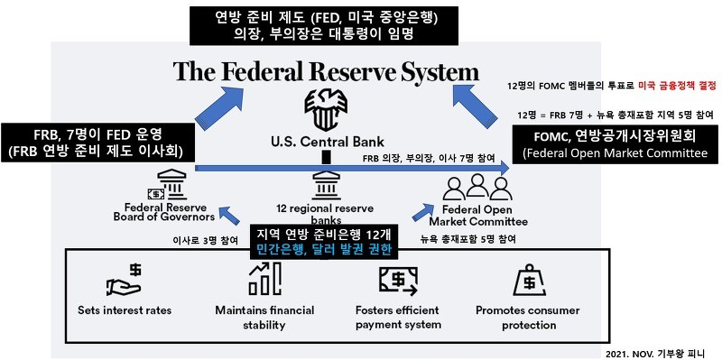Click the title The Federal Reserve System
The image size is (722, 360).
tap(326, 71)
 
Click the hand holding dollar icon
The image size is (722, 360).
tap(125, 281)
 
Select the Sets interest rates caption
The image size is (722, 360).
tap(125, 310)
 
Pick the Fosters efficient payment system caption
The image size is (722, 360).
tap(398, 318)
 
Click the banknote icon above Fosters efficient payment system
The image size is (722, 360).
tap(397, 281)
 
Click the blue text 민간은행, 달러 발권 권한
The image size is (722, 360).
tap(322, 250)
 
